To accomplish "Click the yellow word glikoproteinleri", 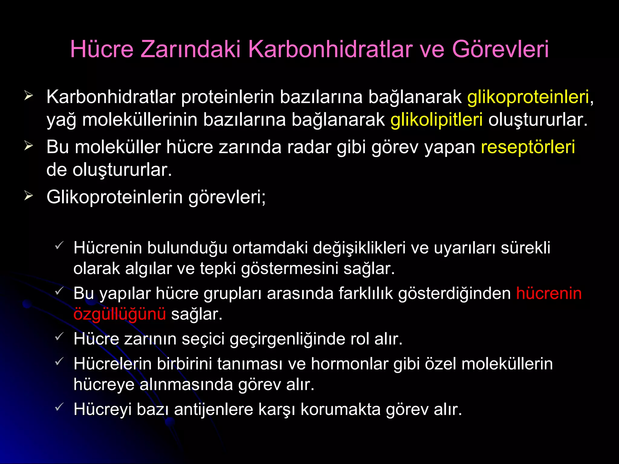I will (x=528, y=97).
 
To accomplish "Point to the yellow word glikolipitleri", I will (x=436, y=120).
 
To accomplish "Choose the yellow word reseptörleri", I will (x=528, y=147).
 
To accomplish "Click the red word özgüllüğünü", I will (x=120, y=314).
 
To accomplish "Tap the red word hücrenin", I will (x=549, y=293).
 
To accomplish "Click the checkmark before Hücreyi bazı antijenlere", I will (x=59, y=407).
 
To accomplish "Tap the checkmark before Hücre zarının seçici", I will (x=59, y=336).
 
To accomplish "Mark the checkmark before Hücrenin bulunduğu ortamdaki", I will (x=59, y=245).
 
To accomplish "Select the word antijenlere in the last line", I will (x=213, y=410).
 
